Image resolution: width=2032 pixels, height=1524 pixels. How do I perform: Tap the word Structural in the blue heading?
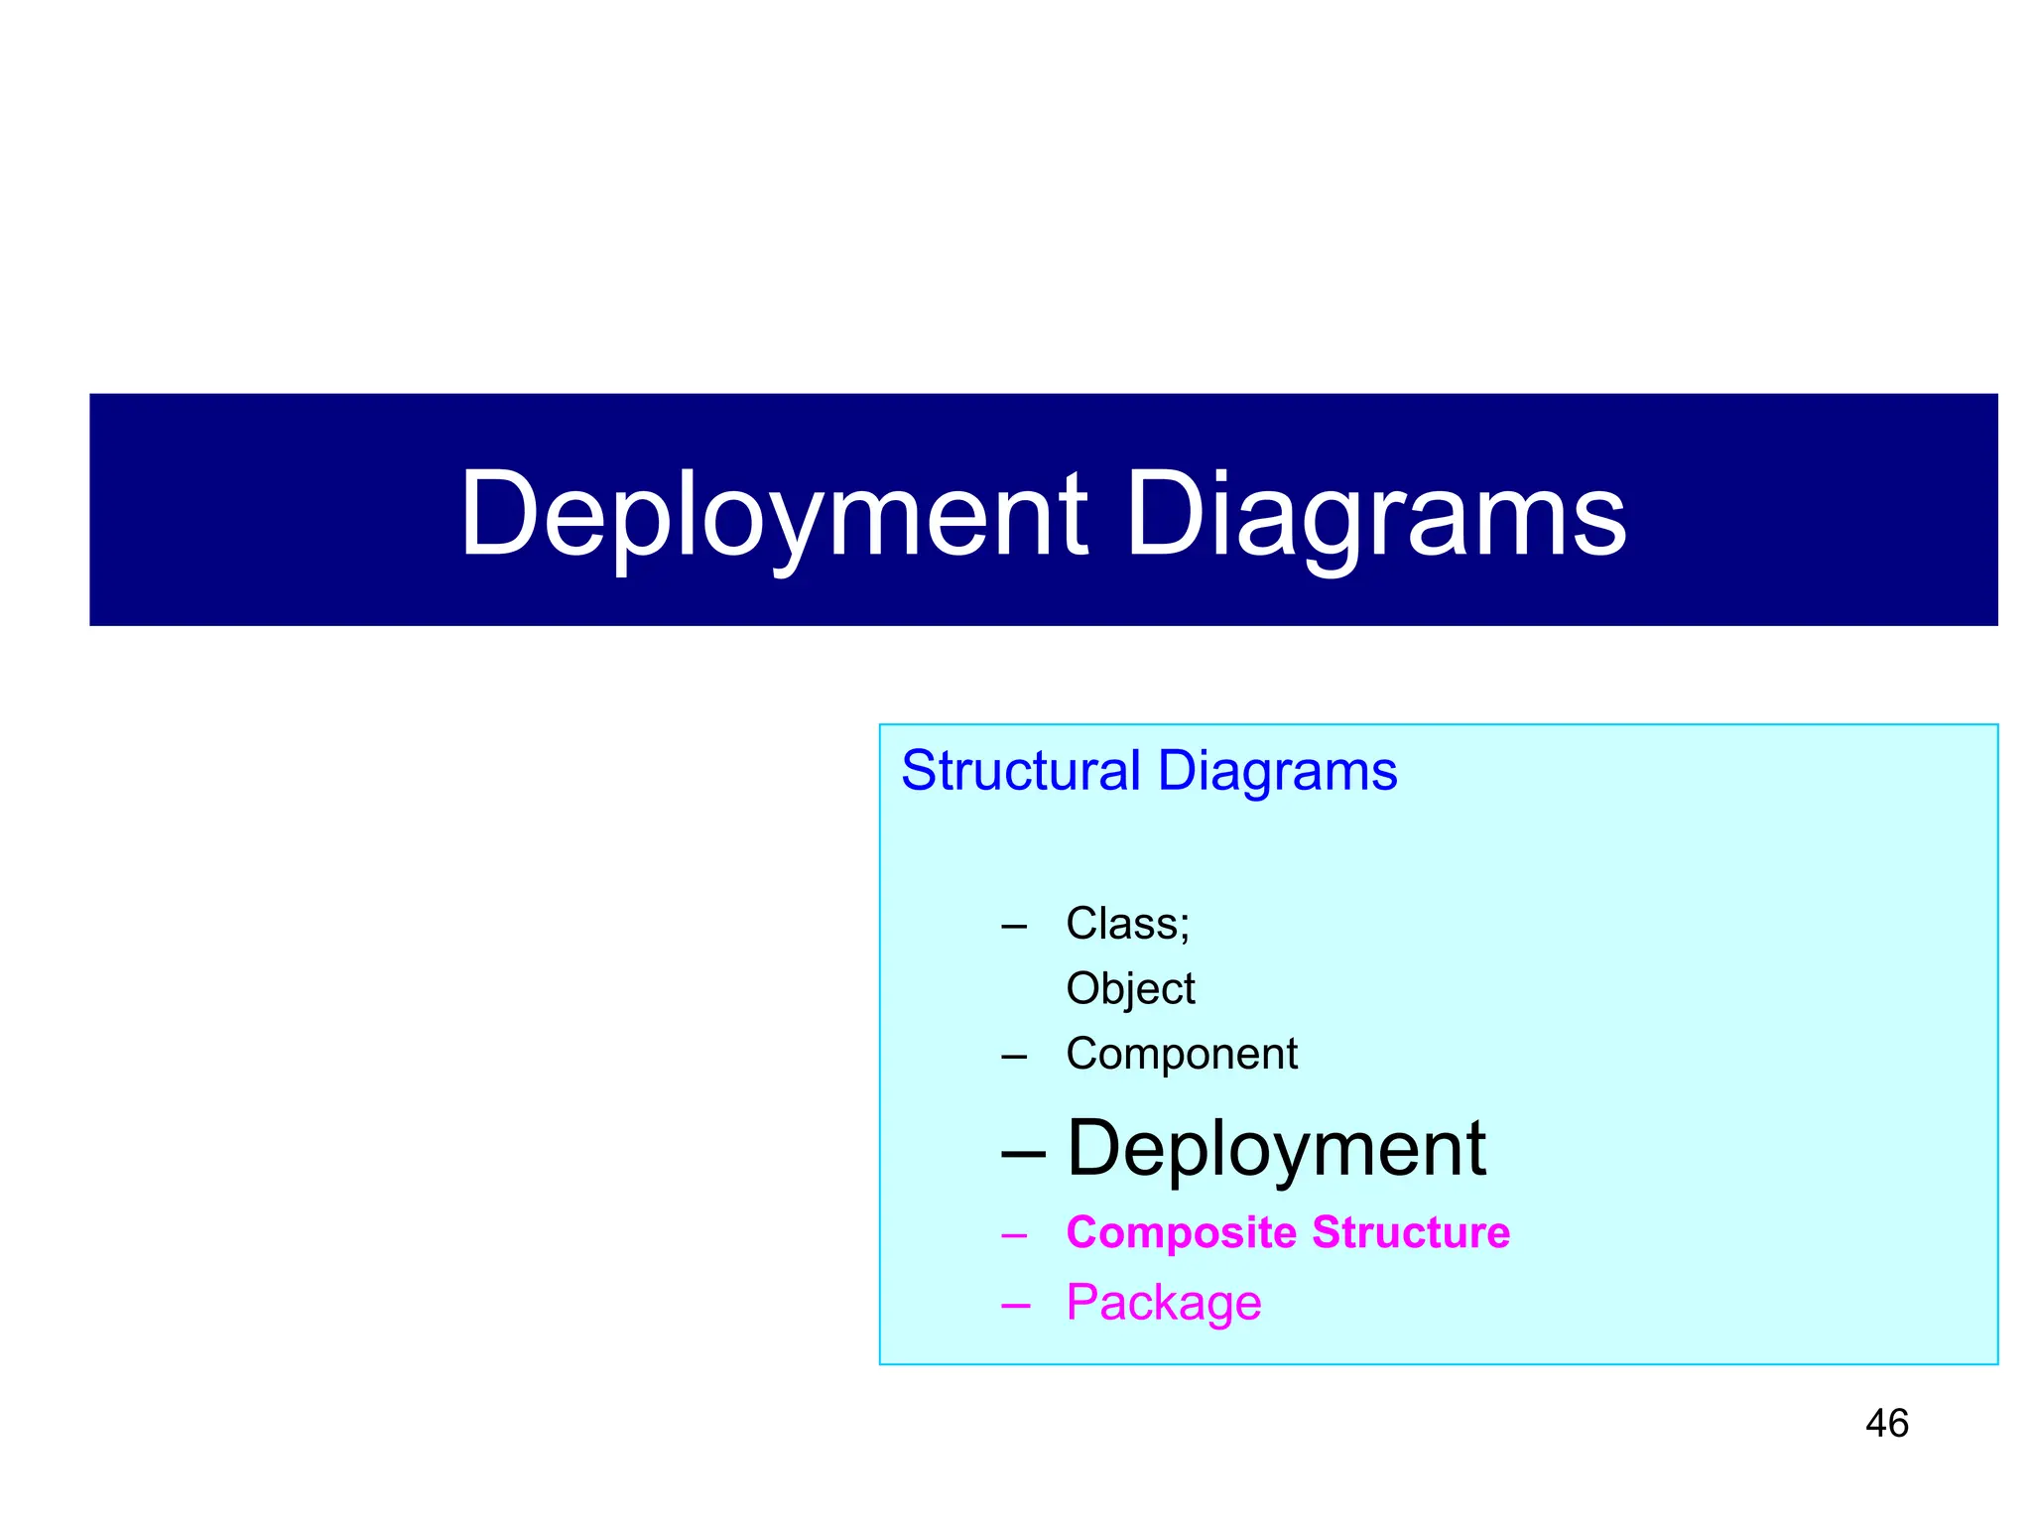1021,771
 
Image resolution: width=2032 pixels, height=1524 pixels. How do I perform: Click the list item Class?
1127,924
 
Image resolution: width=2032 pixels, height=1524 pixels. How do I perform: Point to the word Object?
1130,989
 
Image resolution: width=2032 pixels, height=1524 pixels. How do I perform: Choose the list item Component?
1181,1054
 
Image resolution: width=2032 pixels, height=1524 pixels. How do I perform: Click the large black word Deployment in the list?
1276,1149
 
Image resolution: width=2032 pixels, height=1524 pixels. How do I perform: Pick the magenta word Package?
1163,1303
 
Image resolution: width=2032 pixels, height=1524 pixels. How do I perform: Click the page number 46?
1886,1424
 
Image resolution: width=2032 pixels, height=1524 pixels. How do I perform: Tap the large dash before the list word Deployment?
1023,1155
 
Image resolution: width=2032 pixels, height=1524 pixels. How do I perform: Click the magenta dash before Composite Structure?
1014,1236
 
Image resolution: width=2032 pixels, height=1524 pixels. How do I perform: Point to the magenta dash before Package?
1014,1307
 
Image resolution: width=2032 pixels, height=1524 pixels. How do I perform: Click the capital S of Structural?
919,771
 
